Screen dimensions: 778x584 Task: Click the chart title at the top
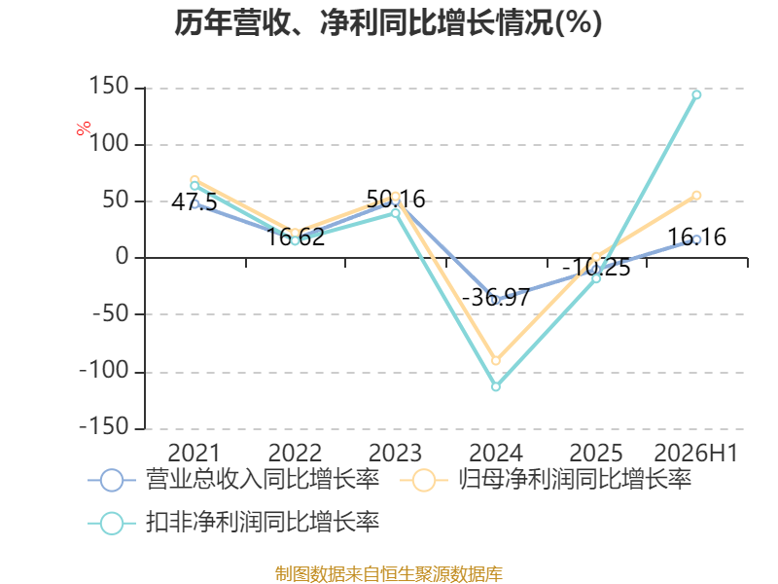pyautogui.click(x=388, y=22)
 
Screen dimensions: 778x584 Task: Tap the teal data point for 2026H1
pyautogui.click(x=696, y=94)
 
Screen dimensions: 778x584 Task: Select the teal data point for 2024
pyautogui.click(x=496, y=386)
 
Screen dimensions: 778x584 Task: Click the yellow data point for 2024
pyautogui.click(x=496, y=360)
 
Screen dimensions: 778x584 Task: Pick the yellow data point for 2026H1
pyautogui.click(x=696, y=196)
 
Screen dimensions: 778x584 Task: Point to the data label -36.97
pyautogui.click(x=496, y=298)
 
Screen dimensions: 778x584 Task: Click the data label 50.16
pyautogui.click(x=396, y=200)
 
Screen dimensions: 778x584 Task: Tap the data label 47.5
pyautogui.click(x=194, y=202)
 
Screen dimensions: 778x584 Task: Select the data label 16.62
pyautogui.click(x=296, y=237)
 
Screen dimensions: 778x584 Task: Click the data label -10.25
pyautogui.click(x=596, y=268)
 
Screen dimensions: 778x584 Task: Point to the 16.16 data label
pyautogui.click(x=696, y=237)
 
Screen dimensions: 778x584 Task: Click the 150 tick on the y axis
pyautogui.click(x=109, y=87)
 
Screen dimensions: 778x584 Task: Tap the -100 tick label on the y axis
pyautogui.click(x=104, y=371)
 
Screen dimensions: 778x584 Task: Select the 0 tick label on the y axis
pyautogui.click(x=123, y=257)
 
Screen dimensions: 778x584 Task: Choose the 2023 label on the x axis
pyautogui.click(x=395, y=453)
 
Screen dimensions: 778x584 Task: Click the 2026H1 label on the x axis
pyautogui.click(x=695, y=453)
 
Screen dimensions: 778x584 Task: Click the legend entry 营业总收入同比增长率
pyautogui.click(x=233, y=480)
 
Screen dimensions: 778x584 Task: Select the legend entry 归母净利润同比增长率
pyautogui.click(x=546, y=480)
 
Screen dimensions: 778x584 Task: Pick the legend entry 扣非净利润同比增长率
pyautogui.click(x=233, y=523)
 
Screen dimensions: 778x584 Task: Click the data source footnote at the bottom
pyautogui.click(x=389, y=573)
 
